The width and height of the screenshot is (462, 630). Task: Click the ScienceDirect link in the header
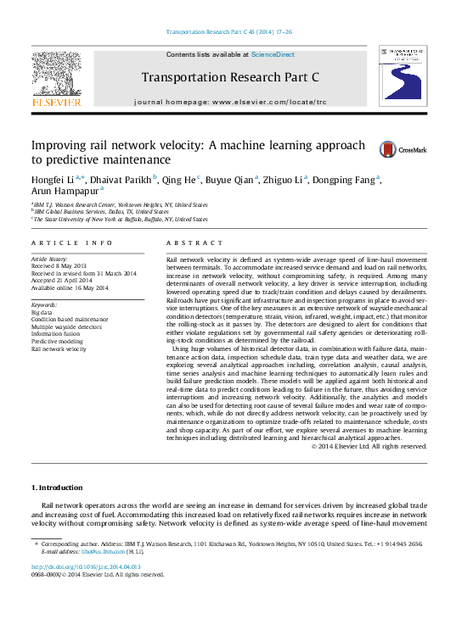click(x=273, y=54)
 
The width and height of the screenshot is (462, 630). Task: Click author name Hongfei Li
click(x=53, y=179)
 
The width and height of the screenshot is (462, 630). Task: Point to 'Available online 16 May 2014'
click(x=70, y=288)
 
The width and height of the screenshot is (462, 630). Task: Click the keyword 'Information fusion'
click(x=54, y=333)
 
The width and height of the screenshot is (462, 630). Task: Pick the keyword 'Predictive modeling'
click(x=56, y=341)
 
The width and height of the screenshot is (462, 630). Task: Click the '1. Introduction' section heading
click(x=57, y=488)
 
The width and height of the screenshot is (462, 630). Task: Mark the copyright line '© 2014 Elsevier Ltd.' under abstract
click(x=368, y=446)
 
